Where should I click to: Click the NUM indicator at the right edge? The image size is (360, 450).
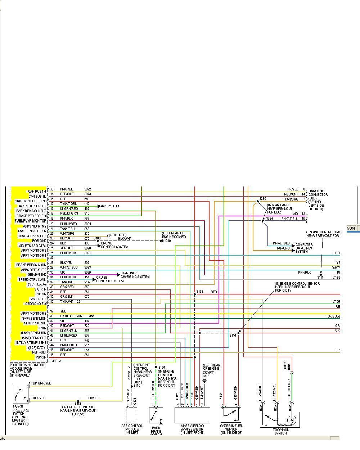point(351,228)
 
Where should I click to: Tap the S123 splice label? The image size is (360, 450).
point(199,292)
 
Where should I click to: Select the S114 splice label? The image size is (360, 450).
point(233,335)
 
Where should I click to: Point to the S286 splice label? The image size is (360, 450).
point(262,198)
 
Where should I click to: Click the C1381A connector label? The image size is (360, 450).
point(56,360)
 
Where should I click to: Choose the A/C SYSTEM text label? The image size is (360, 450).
point(110,206)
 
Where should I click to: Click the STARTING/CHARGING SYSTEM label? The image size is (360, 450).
point(135,275)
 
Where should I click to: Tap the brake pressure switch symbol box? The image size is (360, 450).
point(20,394)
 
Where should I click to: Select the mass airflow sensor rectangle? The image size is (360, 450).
point(192,415)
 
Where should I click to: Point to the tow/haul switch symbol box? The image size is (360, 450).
point(280,419)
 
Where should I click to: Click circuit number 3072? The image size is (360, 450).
point(88,189)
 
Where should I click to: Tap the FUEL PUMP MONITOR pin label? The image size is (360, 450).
point(31,221)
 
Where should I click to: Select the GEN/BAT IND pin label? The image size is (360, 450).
point(37,275)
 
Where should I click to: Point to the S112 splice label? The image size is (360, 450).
point(78,403)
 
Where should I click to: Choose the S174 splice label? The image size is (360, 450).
point(162,368)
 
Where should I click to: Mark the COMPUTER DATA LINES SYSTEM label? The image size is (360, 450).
point(304,248)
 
